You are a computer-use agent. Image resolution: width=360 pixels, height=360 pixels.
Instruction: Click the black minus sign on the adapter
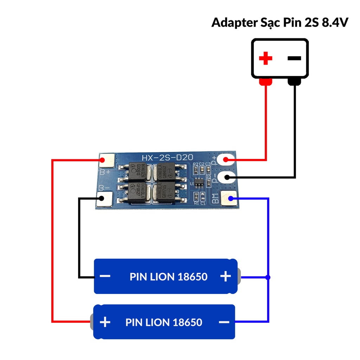pos(294,58)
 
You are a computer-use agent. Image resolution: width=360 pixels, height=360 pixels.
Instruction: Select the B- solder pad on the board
pos(104,199)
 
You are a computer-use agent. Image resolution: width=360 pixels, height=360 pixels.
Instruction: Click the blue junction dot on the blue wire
pos(268,277)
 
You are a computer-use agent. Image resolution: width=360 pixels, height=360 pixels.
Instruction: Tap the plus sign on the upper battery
pos(225,276)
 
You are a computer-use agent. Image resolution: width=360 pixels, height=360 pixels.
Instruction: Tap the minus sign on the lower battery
pos(224,322)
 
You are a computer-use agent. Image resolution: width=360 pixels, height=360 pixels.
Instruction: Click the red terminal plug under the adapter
pos(265,82)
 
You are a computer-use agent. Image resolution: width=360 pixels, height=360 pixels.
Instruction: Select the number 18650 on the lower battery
pos(187,322)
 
